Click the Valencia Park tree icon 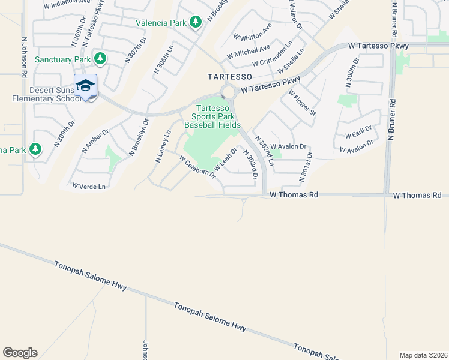click(195, 22)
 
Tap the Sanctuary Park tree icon click(100, 59)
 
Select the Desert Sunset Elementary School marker click(85, 86)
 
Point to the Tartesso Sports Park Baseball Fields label click(212, 117)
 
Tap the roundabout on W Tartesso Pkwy click(228, 92)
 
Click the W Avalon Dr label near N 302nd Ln click(288, 146)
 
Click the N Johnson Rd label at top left click(25, 58)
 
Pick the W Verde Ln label click(89, 186)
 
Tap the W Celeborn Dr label click(197, 165)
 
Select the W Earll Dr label click(358, 131)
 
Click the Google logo click(20, 353)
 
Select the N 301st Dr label click(306, 166)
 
